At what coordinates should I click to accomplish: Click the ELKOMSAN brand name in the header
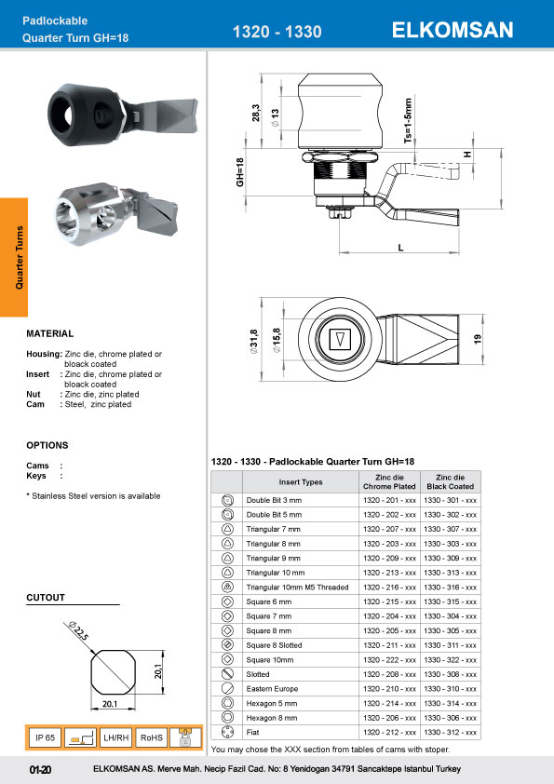pos(453,30)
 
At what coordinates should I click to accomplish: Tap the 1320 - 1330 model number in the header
pos(277,32)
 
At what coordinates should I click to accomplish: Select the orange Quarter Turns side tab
pos(14,258)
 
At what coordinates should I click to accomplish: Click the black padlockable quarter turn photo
pos(123,115)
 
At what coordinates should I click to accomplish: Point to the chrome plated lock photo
pos(117,215)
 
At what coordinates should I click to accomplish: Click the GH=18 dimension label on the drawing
pos(240,172)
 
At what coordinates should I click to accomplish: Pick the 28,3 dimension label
pos(256,113)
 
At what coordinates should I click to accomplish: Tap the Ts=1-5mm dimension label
pos(408,120)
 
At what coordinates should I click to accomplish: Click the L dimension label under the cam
pos(400,248)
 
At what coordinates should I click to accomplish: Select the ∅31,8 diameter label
pos(253,342)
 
